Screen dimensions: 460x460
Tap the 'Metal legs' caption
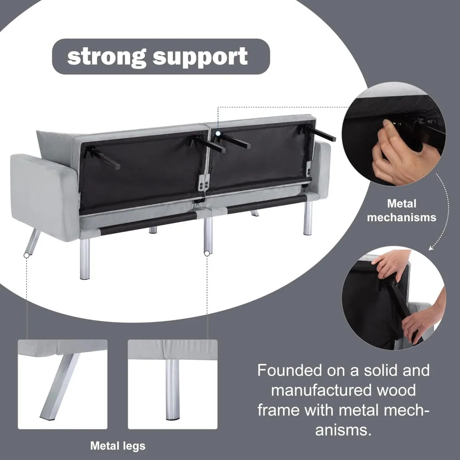tap(118, 445)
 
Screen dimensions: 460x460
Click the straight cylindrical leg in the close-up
tap(173, 389)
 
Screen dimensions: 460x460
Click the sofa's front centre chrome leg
tap(208, 235)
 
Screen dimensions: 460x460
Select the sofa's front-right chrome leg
tap(308, 218)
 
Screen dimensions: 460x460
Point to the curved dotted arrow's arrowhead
tap(431, 248)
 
